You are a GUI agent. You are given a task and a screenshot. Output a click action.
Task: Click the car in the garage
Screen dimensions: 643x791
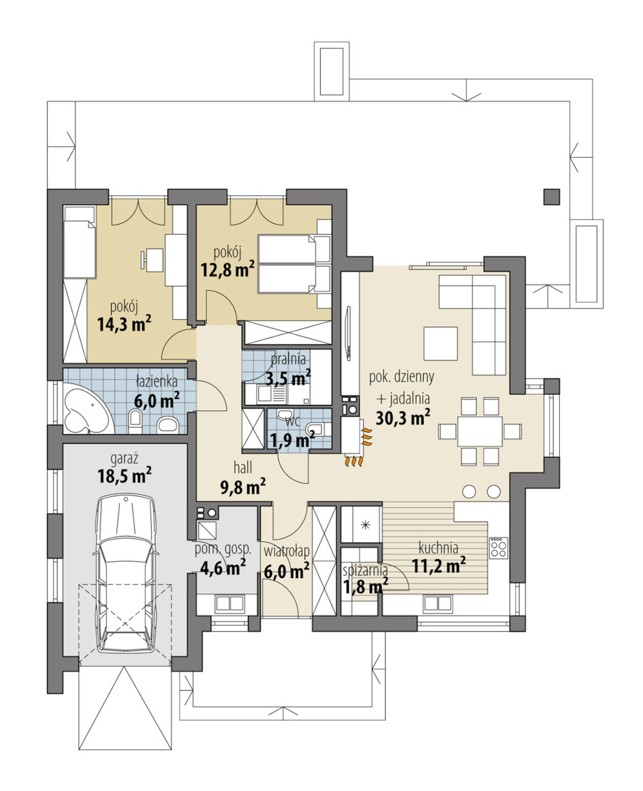(125, 574)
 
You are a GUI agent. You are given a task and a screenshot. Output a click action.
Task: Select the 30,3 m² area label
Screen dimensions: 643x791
(403, 417)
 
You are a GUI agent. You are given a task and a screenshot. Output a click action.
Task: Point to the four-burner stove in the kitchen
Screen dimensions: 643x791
(499, 547)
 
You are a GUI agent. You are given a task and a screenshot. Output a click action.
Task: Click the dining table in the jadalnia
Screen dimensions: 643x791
(480, 431)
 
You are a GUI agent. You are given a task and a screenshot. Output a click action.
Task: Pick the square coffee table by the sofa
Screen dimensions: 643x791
(441, 343)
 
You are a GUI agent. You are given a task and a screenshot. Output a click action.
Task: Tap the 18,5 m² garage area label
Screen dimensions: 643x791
(124, 475)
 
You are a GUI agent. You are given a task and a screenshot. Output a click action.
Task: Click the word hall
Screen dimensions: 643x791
(242, 468)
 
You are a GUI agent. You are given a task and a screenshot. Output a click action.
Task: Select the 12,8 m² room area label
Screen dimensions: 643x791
(227, 270)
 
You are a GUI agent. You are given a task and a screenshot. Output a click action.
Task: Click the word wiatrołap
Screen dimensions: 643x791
(286, 551)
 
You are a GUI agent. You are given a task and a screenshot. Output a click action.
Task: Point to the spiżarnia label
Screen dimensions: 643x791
(365, 570)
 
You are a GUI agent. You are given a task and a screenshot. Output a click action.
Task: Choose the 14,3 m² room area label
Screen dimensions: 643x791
(124, 324)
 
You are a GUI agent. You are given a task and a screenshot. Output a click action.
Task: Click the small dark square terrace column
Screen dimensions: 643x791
(552, 197)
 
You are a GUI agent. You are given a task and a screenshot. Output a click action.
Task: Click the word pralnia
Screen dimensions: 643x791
(288, 359)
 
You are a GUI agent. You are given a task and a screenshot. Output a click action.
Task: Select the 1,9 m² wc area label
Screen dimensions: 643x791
(292, 440)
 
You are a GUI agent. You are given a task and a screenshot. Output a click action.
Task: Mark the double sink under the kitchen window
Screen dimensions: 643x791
(437, 603)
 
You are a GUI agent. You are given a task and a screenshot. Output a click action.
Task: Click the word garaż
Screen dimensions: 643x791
(124, 459)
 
